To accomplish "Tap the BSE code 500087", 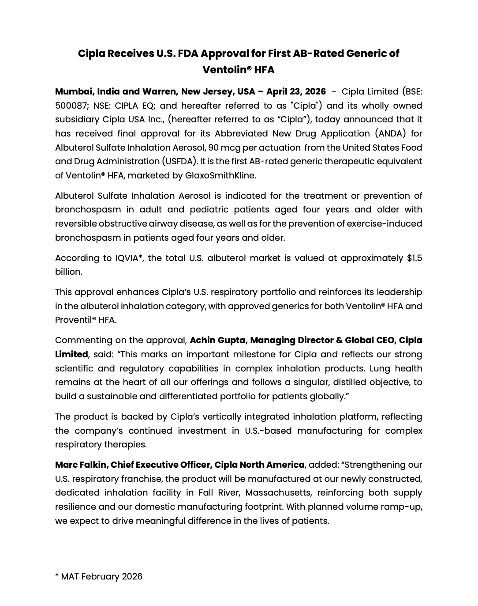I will tap(71, 106).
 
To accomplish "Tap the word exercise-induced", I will tap(384, 223).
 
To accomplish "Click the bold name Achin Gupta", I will tap(217, 340).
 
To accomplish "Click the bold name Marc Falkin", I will tap(81, 465).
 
